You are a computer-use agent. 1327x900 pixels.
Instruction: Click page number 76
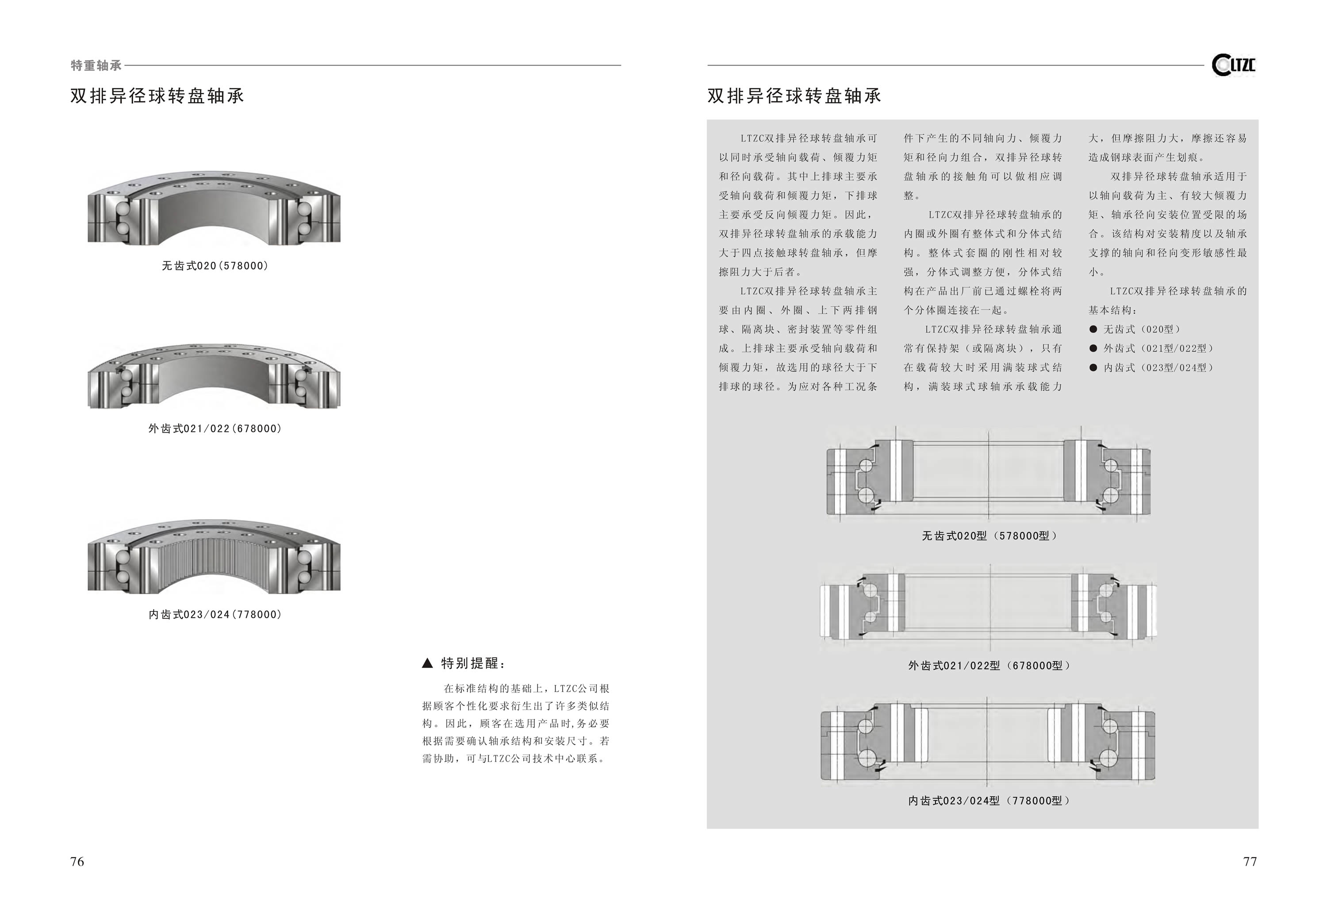click(x=77, y=862)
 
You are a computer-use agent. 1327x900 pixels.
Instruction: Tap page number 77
click(x=1250, y=862)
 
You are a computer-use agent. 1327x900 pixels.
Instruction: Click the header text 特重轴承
click(x=96, y=65)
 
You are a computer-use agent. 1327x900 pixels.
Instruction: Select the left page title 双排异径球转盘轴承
click(x=157, y=96)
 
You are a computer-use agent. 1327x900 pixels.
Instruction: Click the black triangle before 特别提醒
click(x=427, y=663)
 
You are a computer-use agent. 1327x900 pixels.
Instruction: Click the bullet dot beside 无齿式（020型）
click(x=1093, y=329)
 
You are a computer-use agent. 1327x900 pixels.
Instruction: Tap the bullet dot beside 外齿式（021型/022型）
click(x=1093, y=349)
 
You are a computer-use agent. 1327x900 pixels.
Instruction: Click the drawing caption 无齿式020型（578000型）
click(x=989, y=536)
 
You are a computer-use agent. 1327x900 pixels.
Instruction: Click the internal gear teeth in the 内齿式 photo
click(x=214, y=563)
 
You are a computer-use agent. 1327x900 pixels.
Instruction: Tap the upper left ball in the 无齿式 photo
click(x=123, y=210)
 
